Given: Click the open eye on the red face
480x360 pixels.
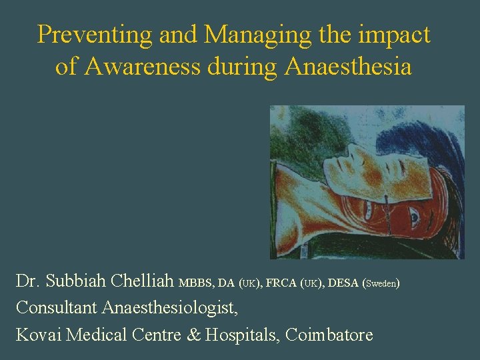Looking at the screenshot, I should [413, 217].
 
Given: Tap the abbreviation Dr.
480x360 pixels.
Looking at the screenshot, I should [27, 281].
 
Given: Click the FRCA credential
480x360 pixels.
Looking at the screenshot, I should [282, 283].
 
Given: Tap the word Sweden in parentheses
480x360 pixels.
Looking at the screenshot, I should [381, 284].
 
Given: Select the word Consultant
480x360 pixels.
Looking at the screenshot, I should [56, 307].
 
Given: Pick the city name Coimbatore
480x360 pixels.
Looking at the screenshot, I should [329, 334].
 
